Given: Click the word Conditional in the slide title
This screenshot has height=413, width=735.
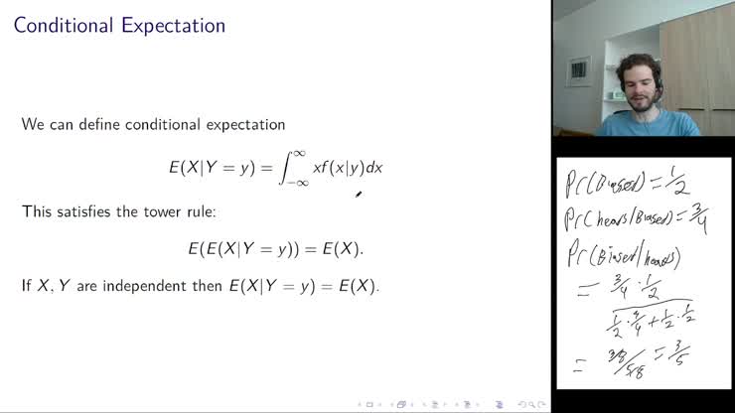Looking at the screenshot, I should click(x=64, y=25).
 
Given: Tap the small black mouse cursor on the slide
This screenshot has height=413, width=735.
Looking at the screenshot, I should click(x=358, y=194).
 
